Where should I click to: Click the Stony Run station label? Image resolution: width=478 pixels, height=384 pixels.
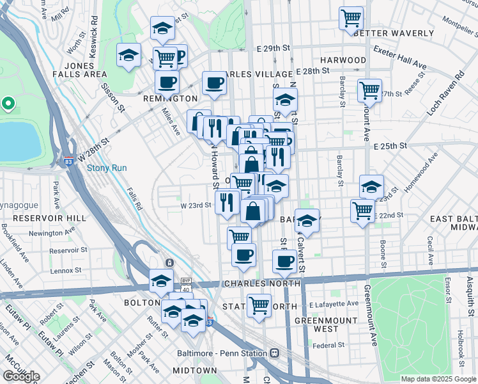point(107,168)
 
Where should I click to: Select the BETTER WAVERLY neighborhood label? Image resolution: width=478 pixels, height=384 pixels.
point(385,33)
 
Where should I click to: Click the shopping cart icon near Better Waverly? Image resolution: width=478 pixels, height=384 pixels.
point(351,19)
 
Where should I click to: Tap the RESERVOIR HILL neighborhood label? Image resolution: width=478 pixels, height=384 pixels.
point(43,218)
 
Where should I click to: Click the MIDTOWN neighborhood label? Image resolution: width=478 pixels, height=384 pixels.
point(195,371)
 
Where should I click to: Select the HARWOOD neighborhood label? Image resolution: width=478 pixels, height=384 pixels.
point(344,60)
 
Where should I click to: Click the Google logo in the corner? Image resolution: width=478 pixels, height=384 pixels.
point(21,376)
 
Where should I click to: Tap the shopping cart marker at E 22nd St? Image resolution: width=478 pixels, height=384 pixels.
point(362,211)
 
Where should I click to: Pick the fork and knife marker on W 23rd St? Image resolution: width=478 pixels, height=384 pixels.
point(227,202)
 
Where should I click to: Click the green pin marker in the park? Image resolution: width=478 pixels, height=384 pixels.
point(8,102)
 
